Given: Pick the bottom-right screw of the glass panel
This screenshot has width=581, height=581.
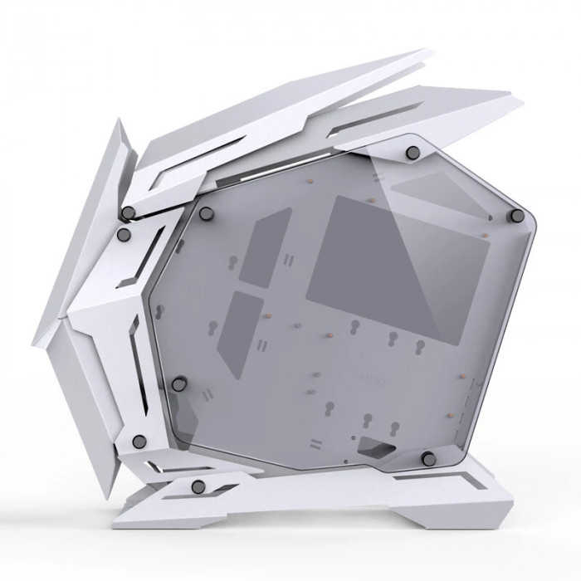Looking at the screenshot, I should [x=428, y=457].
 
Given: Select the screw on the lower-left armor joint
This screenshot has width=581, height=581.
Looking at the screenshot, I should [x=139, y=440].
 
